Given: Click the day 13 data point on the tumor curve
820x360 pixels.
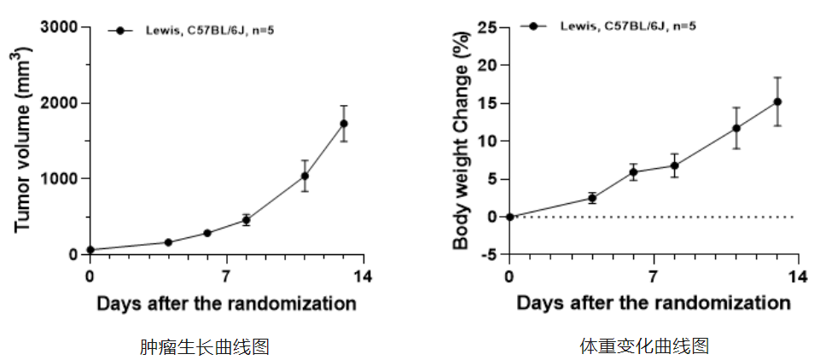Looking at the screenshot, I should pos(344,124).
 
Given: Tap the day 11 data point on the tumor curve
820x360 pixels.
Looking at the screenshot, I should pos(305,177).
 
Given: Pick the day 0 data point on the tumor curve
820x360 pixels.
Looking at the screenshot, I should pos(90,250).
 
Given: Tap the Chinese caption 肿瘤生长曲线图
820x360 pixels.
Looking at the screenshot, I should pos(205,346).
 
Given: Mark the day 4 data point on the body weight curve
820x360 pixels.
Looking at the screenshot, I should pos(592,198).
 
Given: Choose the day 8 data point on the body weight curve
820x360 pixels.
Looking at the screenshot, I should pos(674,165).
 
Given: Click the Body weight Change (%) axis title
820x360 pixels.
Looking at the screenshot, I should pos(461,141).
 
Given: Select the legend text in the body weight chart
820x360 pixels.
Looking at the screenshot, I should pos(627,26).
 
